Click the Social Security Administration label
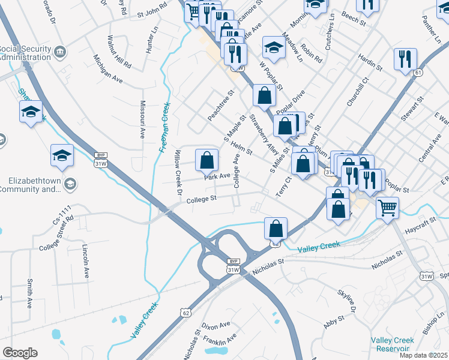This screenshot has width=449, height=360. click(25, 53)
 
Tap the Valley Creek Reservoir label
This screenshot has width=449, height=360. click(393, 344)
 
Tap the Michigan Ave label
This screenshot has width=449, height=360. click(108, 68)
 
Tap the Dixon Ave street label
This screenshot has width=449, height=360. click(217, 325)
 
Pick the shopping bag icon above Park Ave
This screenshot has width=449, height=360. click(206, 160)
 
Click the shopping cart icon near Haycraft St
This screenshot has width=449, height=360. click(388, 208)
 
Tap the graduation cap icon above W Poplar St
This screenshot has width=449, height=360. click(274, 49)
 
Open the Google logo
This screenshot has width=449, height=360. click(20, 353)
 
